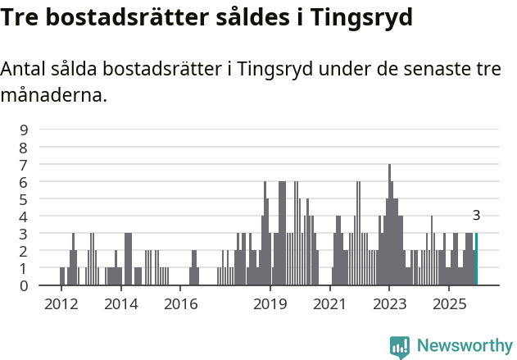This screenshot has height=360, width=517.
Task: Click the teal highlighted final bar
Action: pyautogui.click(x=476, y=259)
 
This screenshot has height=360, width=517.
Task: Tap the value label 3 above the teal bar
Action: pyautogui.click(x=476, y=216)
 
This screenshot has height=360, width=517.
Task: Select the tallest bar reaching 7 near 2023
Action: pyautogui.click(x=389, y=226)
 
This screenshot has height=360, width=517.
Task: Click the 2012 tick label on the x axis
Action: pyautogui.click(x=61, y=304)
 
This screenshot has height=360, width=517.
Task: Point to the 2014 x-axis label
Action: pyautogui.click(x=121, y=304)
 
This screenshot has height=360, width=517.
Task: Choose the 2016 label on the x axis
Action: pyautogui.click(x=181, y=304)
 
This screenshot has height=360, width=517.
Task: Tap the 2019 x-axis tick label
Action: pyautogui.click(x=270, y=304)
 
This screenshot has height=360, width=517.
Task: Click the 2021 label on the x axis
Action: pyautogui.click(x=329, y=304)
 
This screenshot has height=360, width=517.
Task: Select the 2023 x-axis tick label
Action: pyautogui.click(x=389, y=304)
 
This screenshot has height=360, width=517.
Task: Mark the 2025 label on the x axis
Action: pyautogui.click(x=449, y=304)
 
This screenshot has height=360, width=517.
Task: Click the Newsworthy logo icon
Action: pyautogui.click(x=400, y=347)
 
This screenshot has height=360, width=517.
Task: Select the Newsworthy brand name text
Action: pyautogui.click(x=465, y=346)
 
